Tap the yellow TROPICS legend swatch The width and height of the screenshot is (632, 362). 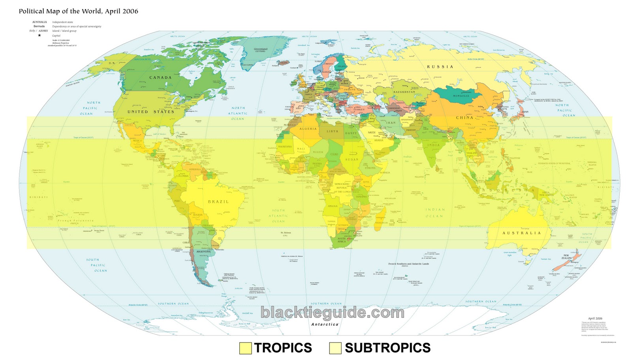(245, 348)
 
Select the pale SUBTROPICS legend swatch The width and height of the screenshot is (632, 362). (335, 348)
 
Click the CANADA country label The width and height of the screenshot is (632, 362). (160, 78)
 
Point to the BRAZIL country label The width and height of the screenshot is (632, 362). (218, 202)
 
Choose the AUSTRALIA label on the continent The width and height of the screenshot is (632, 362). (521, 233)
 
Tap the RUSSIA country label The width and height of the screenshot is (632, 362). (440, 67)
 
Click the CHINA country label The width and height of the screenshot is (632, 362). (465, 118)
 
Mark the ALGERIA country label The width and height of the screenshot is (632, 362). (308, 129)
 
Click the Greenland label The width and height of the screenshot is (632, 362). (260, 49)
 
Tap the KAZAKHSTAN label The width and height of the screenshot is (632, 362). (404, 92)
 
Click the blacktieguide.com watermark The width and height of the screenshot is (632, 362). (332, 313)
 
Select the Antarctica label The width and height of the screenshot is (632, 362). (325, 325)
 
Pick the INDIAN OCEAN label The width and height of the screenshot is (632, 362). (434, 213)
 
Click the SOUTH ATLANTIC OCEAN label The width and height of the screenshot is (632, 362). (278, 216)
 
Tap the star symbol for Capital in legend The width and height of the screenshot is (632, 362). (39, 35)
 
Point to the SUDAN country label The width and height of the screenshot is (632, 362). (352, 160)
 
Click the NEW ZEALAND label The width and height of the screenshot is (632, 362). (567, 257)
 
